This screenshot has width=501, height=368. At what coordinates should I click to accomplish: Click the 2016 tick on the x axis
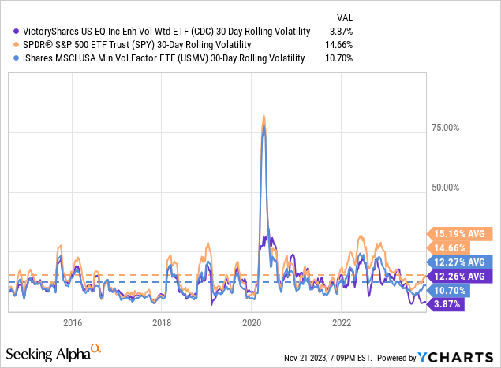coord(73,322)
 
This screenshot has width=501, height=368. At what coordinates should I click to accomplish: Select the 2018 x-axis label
coord(162,322)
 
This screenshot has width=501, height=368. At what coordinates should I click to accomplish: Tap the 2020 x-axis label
coord(252,322)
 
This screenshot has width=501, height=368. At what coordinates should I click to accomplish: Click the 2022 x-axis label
coord(342,322)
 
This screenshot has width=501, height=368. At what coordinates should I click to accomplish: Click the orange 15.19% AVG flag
coord(462,233)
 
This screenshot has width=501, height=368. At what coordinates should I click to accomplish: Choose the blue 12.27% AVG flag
coord(462,262)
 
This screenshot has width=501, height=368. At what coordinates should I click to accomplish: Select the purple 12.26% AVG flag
coord(462,276)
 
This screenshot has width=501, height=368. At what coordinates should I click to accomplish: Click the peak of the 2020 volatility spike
coord(264,117)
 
